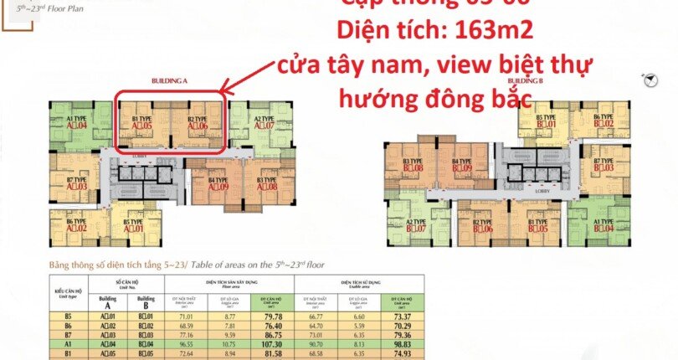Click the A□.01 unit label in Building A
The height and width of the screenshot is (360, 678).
[134, 227]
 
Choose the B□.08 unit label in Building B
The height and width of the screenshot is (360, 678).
[412, 167]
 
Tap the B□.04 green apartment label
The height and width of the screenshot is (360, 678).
[604, 227]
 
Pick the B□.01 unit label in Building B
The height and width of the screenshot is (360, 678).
[546, 124]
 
